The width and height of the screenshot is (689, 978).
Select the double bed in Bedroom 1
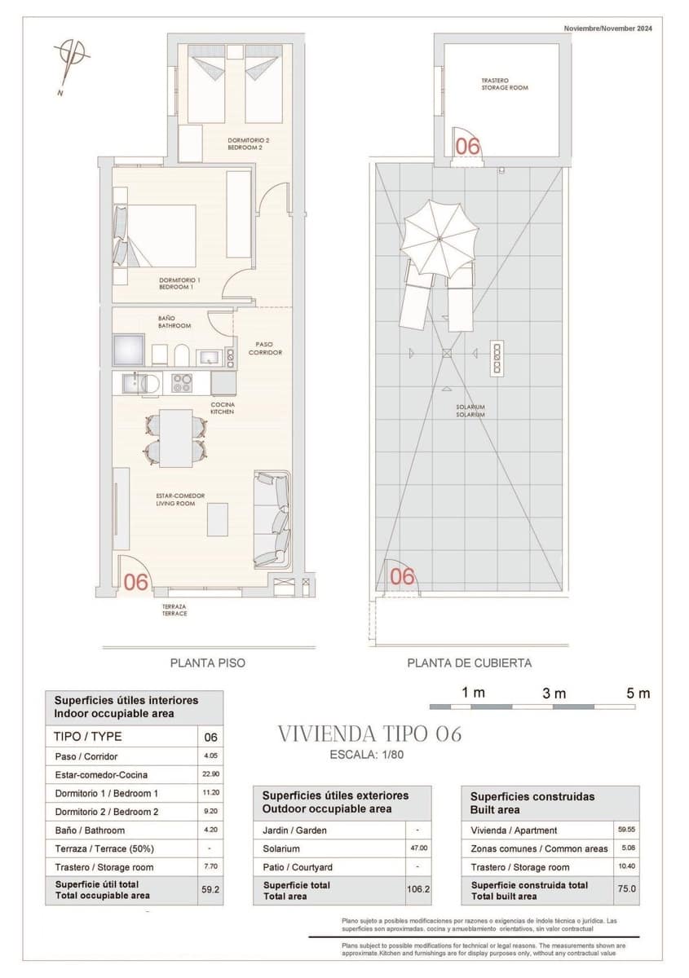pyautogui.click(x=160, y=236)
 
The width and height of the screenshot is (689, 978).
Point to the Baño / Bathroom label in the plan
pyautogui.click(x=174, y=322)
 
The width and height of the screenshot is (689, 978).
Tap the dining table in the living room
pyautogui.click(x=175, y=438)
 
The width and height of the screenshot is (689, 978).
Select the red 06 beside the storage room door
pyautogui.click(x=467, y=147)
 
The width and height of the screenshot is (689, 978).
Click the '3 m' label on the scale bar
pyautogui.click(x=554, y=694)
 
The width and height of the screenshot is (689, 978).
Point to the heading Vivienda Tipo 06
pyautogui.click(x=370, y=733)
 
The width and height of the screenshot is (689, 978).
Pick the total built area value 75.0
pyautogui.click(x=626, y=890)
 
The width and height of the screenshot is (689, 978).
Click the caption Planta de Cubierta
pyautogui.click(x=469, y=663)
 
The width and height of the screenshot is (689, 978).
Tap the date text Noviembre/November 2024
pyautogui.click(x=607, y=29)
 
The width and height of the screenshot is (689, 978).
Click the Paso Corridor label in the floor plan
pyautogui.click(x=265, y=348)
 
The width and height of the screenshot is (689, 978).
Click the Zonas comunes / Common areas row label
pyautogui.click(x=539, y=848)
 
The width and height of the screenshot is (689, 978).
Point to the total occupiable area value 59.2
pyautogui.click(x=210, y=890)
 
